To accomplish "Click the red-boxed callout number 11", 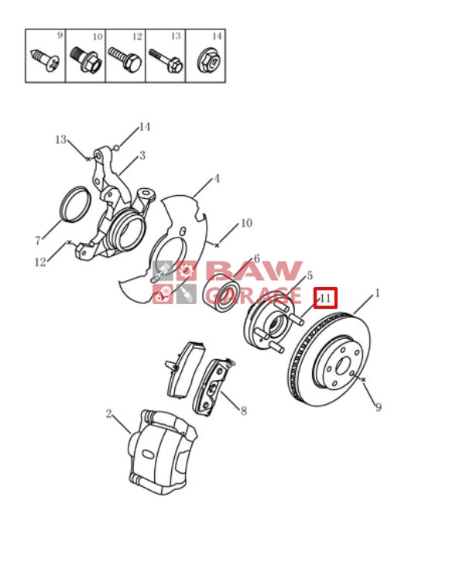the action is click(325, 298).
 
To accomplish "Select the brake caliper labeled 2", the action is click(163, 451).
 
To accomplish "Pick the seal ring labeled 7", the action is click(75, 204).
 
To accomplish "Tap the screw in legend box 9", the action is click(45, 60).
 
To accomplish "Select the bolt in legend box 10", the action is click(84, 60).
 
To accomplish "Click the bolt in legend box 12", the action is click(125, 59).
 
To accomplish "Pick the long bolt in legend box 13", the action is click(166, 60).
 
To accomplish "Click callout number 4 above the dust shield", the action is click(216, 178).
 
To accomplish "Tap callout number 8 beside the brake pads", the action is click(244, 411).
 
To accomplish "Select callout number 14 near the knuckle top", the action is click(144, 127).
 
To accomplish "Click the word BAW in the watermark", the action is click(254, 271).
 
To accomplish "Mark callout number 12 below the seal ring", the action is click(40, 262).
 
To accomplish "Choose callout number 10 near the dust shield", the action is click(246, 223).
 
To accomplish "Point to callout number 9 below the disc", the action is click(378, 407).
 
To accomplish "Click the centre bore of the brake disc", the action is click(344, 366).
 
